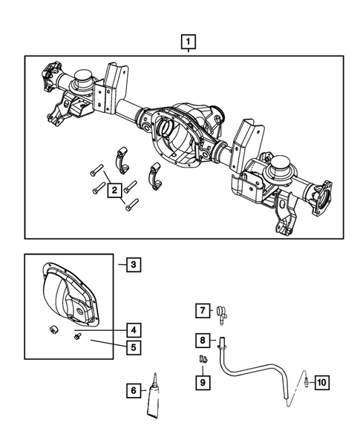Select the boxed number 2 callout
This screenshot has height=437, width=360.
pyautogui.click(x=114, y=191)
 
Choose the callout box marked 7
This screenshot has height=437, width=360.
pyautogui.click(x=200, y=310)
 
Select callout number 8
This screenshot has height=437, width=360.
pyautogui.click(x=200, y=341)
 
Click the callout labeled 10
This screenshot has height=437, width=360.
pyautogui.click(x=321, y=383)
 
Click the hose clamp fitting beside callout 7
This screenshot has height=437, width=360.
pyautogui.click(x=222, y=315)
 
